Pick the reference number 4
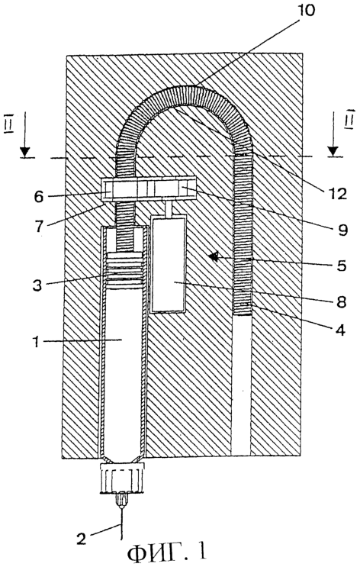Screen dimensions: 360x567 click(340, 330)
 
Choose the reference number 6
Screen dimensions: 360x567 click(39, 197)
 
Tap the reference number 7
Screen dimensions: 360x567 click(39, 226)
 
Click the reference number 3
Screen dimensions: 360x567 click(37, 285)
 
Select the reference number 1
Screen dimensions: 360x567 click(36, 341)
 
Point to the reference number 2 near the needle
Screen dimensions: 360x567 click(82, 540)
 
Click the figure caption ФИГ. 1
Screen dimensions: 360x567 click(167, 553)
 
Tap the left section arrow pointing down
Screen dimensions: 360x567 click(25, 134)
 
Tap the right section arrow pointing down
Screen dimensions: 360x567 click(333, 134)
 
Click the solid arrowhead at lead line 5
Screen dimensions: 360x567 click(214, 257)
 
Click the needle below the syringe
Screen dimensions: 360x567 click(122, 524)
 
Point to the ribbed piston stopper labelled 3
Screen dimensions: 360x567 click(125, 271)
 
